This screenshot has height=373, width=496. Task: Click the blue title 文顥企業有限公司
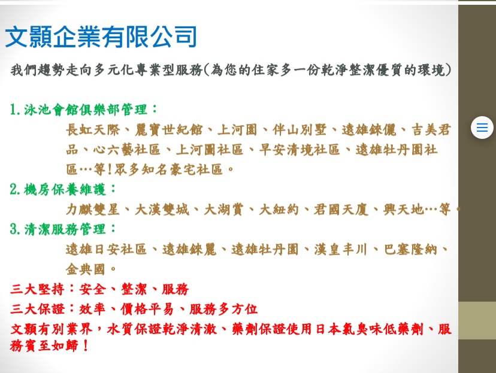[101, 37]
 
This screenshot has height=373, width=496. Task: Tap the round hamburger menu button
[482, 128]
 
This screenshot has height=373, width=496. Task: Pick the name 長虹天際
[93, 129]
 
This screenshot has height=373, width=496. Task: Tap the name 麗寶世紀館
[169, 129]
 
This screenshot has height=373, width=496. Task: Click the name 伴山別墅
[300, 129]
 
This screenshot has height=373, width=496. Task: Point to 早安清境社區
[300, 150]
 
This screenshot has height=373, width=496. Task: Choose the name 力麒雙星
[93, 210]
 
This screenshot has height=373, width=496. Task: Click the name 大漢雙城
[162, 210]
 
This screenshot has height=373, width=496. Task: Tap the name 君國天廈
[341, 210]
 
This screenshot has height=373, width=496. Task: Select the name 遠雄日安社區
[106, 249]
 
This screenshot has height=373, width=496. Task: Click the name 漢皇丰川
[341, 249]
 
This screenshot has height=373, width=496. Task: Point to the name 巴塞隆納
[410, 249]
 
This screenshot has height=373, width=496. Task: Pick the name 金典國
[86, 269]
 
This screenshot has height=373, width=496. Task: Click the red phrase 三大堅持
[37, 289]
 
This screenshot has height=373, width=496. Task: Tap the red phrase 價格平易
[147, 309]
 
